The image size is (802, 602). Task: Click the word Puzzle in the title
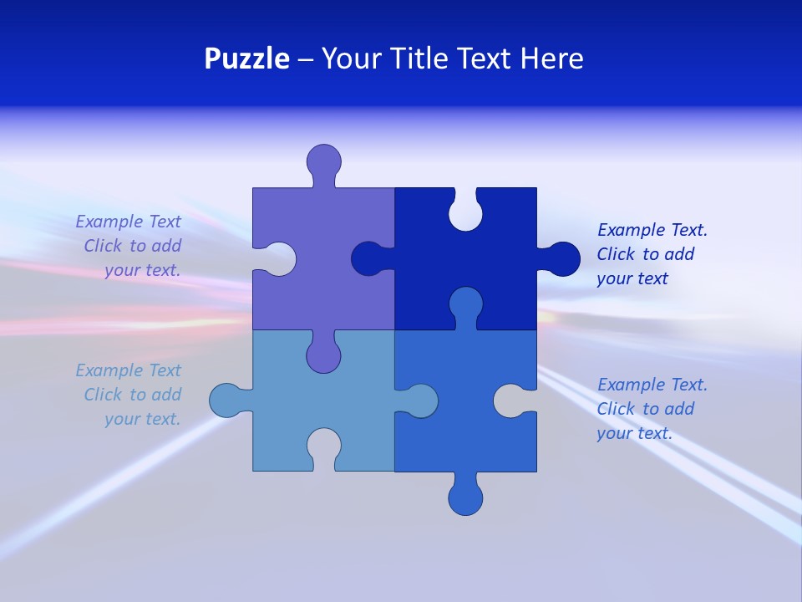coord(247,59)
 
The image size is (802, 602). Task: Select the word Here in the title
coord(551,59)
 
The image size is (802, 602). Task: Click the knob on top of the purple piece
coord(323,161)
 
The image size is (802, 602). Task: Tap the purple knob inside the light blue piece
coord(323,355)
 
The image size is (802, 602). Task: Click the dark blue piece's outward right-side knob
coord(562,259)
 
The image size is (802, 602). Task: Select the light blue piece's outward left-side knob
coord(227,400)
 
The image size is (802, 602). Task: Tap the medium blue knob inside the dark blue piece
coord(465,305)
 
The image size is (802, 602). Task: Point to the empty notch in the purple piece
coord(278,259)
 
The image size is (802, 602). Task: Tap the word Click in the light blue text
coord(103,395)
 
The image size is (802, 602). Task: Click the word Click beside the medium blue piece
coord(616,409)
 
